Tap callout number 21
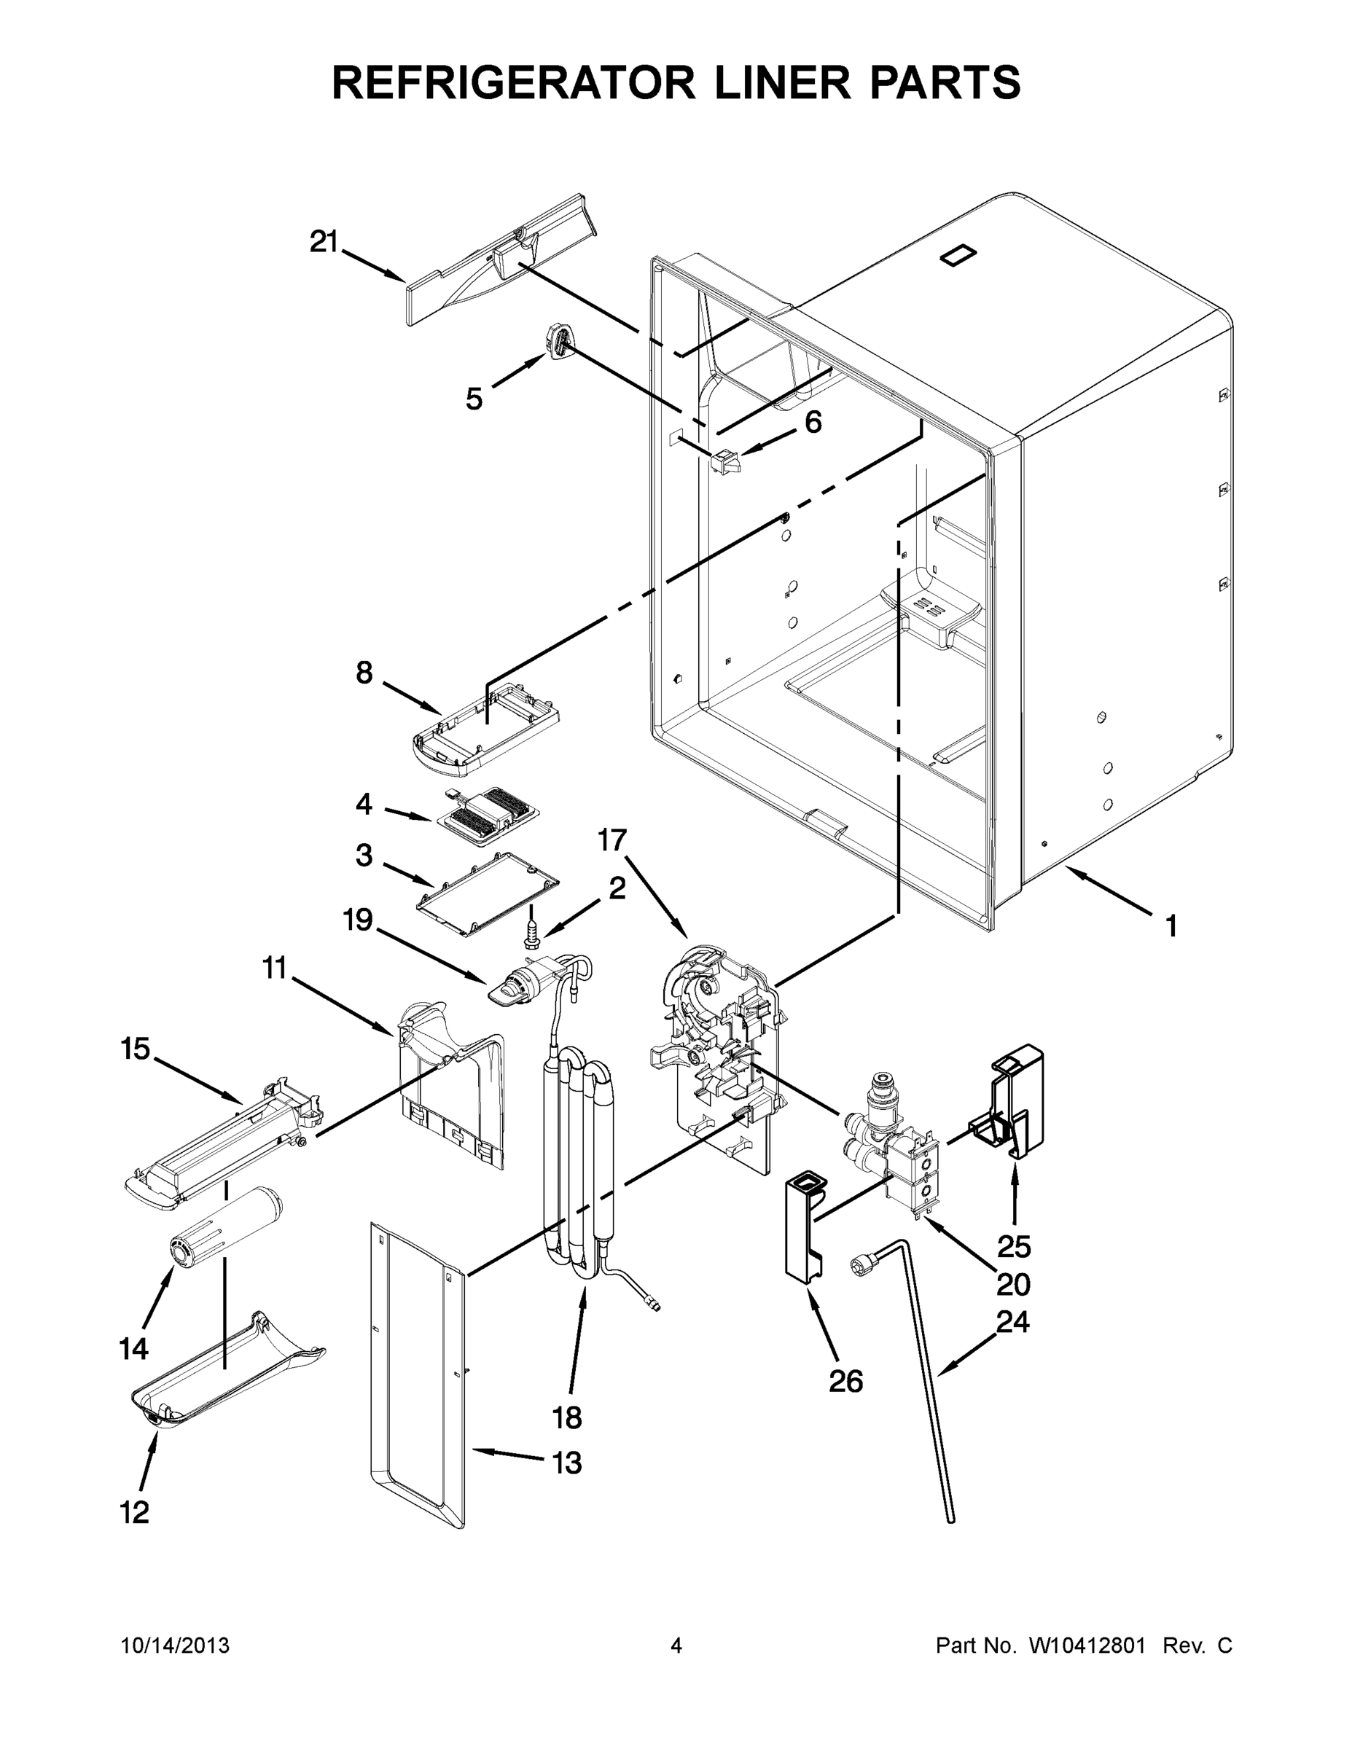324,242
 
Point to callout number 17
612,840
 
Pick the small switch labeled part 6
726,461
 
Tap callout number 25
1013,1247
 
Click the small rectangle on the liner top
958,254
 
